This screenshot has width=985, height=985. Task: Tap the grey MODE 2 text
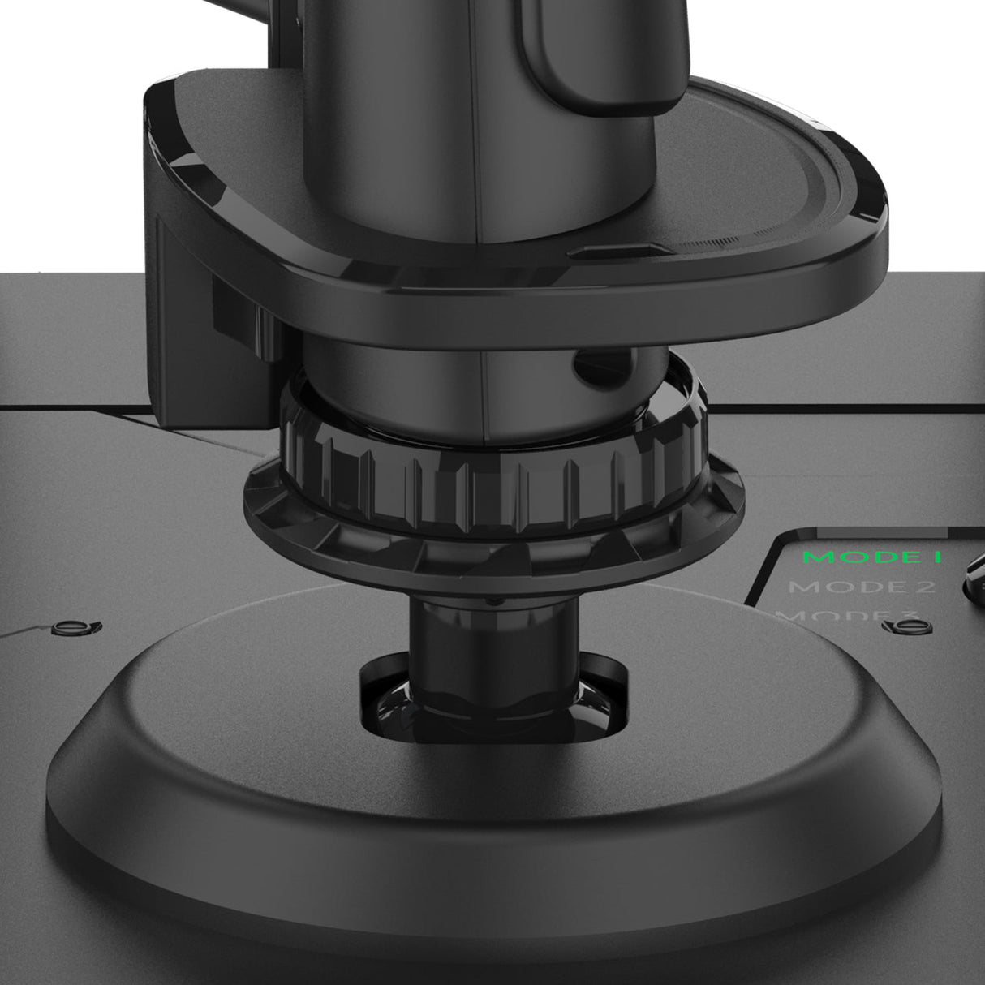862,587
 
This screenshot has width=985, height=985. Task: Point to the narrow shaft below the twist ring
454,625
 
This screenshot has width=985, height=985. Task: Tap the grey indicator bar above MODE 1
860,533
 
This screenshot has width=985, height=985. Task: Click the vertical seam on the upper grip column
484,381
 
